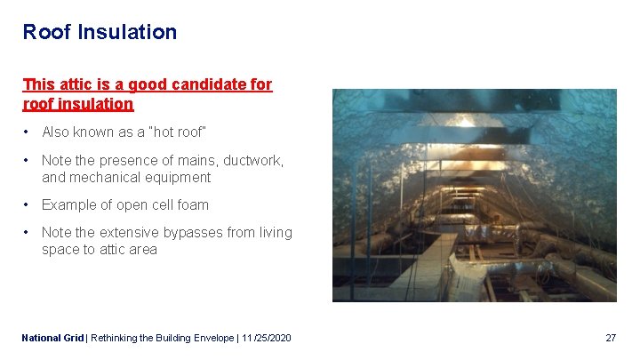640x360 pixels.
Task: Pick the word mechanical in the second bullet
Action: (103, 177)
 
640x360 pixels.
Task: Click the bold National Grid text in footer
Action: (52, 338)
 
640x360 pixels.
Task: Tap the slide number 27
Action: (610, 338)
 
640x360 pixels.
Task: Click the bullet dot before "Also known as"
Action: (28, 132)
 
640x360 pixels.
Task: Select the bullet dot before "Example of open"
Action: (28, 204)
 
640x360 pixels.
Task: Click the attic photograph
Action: (474, 195)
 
